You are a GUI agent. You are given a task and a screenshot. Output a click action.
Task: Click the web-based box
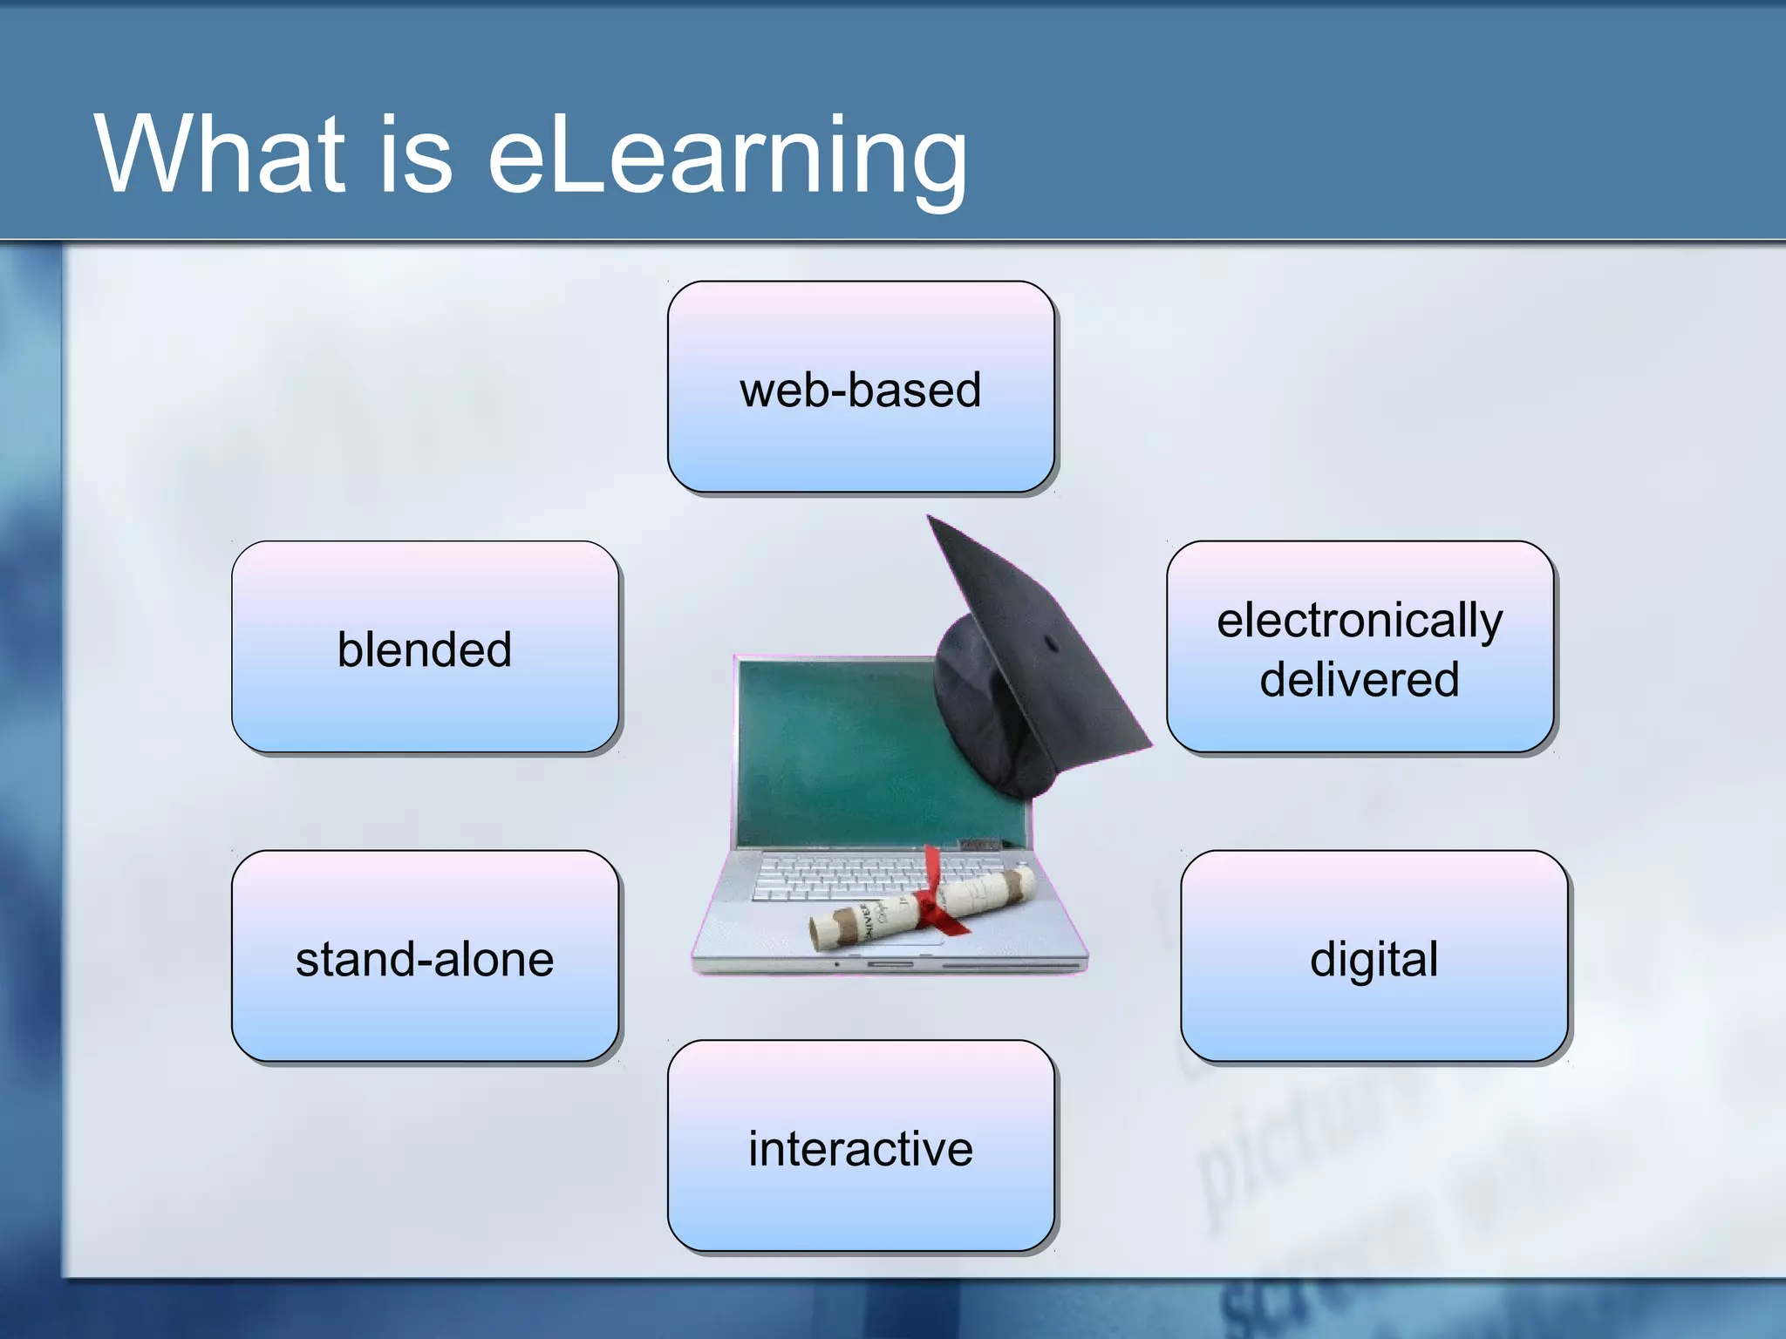[861, 387]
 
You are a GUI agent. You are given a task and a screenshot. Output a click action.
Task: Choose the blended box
[425, 647]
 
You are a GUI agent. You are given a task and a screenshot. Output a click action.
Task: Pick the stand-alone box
[425, 956]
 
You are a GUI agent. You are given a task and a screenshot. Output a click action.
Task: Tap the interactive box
[861, 1145]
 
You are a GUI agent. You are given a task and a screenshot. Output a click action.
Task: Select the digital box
[1374, 956]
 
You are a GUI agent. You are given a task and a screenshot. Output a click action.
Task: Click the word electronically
[1360, 621]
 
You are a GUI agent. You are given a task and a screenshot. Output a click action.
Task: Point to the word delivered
[1360, 679]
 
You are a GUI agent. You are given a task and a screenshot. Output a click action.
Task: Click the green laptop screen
[837, 750]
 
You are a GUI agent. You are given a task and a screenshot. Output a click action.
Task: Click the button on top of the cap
[1052, 645]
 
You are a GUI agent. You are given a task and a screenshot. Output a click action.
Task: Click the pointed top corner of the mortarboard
[930, 518]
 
